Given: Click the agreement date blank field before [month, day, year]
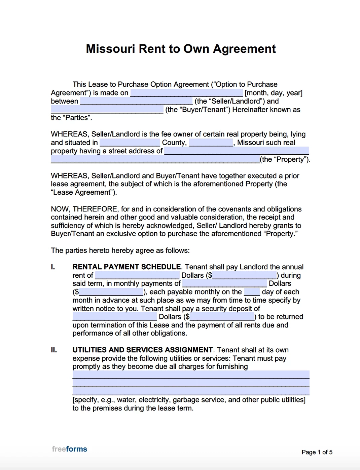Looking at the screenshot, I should pyautogui.click(x=186, y=93).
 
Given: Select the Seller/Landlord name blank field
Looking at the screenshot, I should pyautogui.click(x=136, y=101).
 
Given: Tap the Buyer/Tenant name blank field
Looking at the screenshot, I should pyautogui.click(x=107, y=110).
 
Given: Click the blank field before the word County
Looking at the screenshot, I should pyautogui.click(x=130, y=143).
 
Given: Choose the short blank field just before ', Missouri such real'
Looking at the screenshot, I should pyautogui.click(x=211, y=143).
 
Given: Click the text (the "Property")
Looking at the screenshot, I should pyautogui.click(x=285, y=159).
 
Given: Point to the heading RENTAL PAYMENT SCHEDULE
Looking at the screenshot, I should pyautogui.click(x=127, y=267).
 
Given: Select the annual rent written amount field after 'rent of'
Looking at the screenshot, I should pyautogui.click(x=137, y=275).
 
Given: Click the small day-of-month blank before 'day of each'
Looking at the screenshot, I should pyautogui.click(x=252, y=292).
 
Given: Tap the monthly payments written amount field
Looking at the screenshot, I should pyautogui.click(x=224, y=283).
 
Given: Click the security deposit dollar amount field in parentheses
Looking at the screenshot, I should pyautogui.click(x=222, y=317).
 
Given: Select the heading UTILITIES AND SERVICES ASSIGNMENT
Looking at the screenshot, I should pyautogui.click(x=143, y=350).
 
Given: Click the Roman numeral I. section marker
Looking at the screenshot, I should pyautogui.click(x=53, y=267).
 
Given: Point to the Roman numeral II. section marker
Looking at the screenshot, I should pyautogui.click(x=54, y=350).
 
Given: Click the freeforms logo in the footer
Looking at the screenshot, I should pyautogui.click(x=70, y=449).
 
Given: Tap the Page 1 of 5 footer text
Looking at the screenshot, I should pyautogui.click(x=317, y=452).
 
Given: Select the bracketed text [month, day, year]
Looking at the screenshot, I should pyautogui.click(x=274, y=93).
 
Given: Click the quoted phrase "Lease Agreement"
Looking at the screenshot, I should pyautogui.click(x=84, y=192).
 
